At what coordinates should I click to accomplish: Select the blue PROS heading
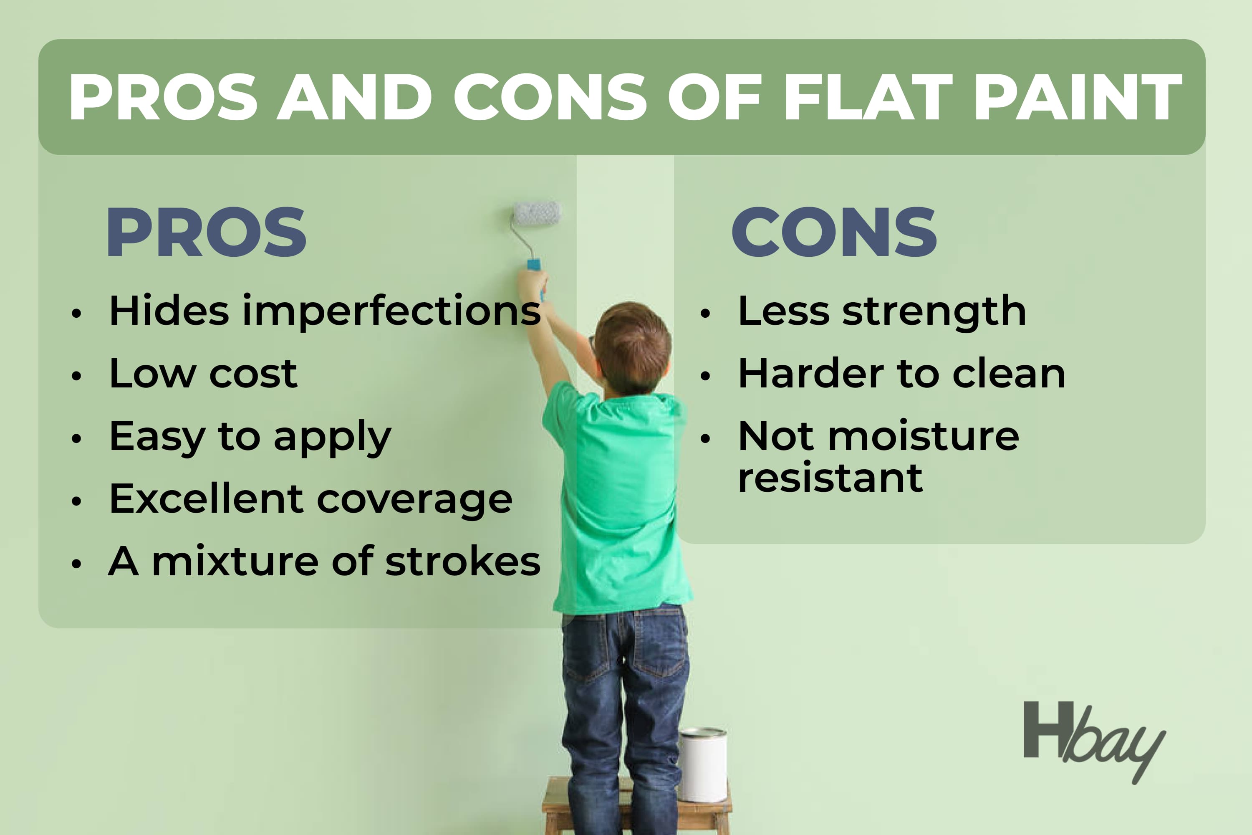[x=207, y=232]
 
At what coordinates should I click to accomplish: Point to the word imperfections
[x=391, y=311]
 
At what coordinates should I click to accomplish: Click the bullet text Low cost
[x=203, y=373]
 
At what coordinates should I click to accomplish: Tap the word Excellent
[x=206, y=498]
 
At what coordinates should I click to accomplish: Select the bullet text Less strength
[x=882, y=311]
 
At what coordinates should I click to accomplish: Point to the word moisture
[x=924, y=436]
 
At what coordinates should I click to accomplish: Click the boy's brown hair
[x=633, y=346]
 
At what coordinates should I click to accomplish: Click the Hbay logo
[x=1094, y=742]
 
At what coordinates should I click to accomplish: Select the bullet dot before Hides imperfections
[x=77, y=313]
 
